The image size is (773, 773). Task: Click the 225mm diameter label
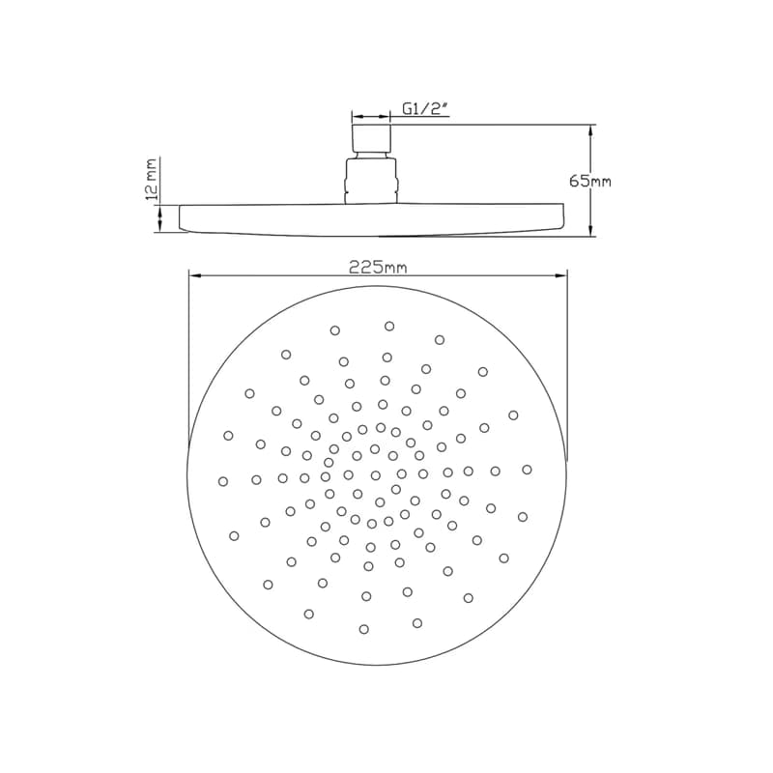378,268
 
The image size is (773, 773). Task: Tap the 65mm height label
590,182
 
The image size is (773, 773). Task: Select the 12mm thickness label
152,179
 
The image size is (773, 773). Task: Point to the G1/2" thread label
425,109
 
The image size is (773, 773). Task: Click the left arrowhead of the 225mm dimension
196,276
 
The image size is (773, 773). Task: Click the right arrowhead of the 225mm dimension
560,276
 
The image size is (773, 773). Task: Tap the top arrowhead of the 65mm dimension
590,131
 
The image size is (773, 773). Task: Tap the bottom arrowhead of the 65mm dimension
590,230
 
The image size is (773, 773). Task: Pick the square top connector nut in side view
371,137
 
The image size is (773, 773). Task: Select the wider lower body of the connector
370,180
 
